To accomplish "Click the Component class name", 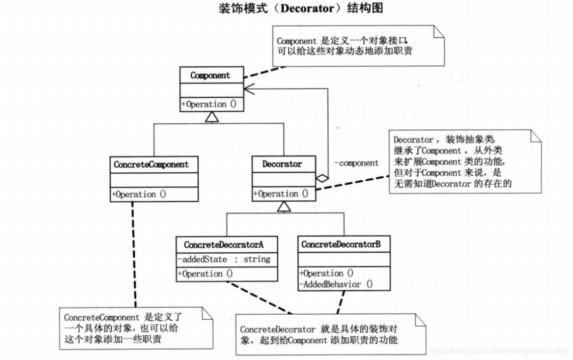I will click(x=210, y=76).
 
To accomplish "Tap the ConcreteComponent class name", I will click(x=151, y=165).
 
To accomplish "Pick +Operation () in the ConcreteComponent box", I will click(x=139, y=194).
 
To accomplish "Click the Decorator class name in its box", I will click(x=282, y=164).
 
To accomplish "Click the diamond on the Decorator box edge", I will click(x=322, y=177).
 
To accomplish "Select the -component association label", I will click(x=356, y=163).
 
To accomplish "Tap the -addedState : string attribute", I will click(x=224, y=259).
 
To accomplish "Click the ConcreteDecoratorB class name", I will click(x=341, y=245).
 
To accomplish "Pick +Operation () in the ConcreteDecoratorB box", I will click(x=326, y=273).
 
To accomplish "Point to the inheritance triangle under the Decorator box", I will click(x=284, y=206).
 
